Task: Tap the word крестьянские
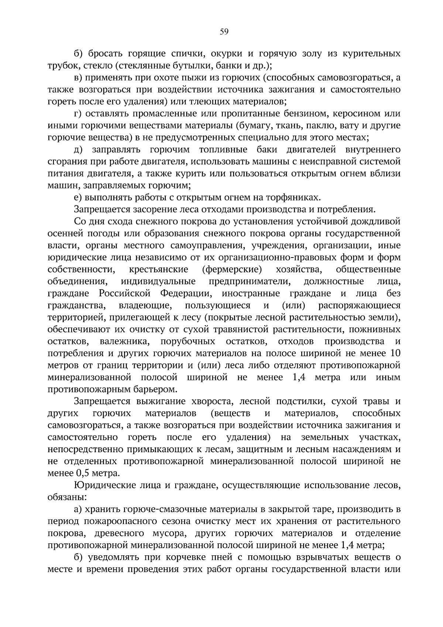pos(159,269)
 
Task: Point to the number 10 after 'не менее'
pos(395,353)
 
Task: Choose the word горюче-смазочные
pos(146,510)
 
